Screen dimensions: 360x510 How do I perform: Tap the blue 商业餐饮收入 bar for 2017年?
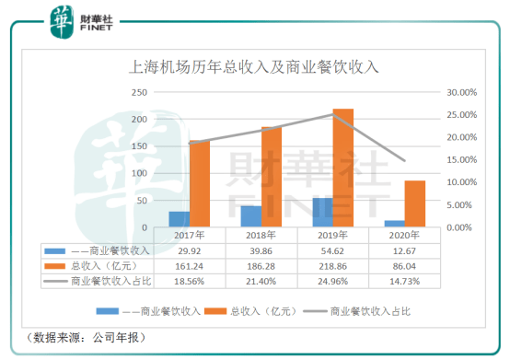click(x=179, y=219)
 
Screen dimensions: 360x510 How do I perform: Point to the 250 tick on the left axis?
click(x=141, y=93)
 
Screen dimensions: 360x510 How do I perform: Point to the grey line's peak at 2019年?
click(x=333, y=115)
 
